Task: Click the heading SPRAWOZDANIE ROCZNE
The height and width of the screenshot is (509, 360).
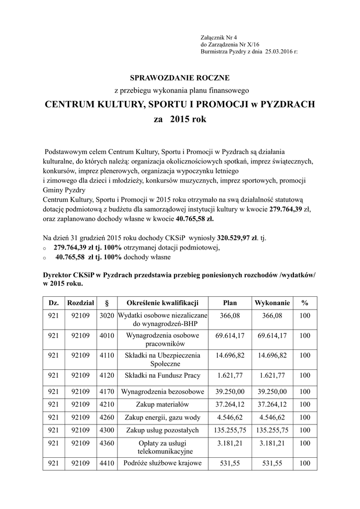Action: pyautogui.click(x=180, y=78)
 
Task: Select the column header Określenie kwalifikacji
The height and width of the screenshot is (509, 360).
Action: pyautogui.click(x=162, y=303)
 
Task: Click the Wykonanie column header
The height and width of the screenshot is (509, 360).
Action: pyautogui.click(x=272, y=303)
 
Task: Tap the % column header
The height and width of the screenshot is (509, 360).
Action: pyautogui.click(x=304, y=303)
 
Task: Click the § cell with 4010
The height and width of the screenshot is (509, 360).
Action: pyautogui.click(x=107, y=336)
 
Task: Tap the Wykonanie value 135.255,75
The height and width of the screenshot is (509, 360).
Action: pyautogui.click(x=272, y=430)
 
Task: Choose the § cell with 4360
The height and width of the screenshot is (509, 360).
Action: pyautogui.click(x=107, y=442)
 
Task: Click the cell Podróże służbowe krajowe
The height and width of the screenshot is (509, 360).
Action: pyautogui.click(x=162, y=463)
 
